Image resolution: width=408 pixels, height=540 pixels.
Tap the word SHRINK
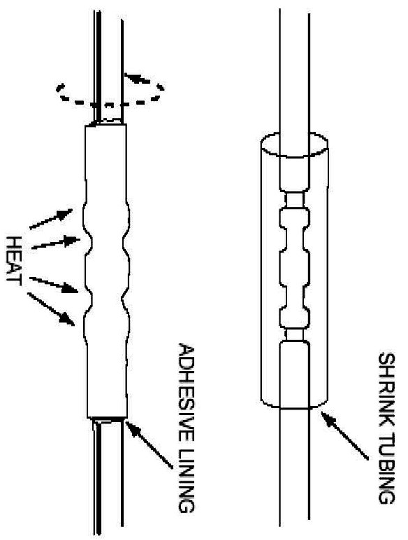pyautogui.click(x=387, y=389)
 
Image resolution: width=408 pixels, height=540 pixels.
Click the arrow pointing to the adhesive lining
pyautogui.click(x=149, y=444)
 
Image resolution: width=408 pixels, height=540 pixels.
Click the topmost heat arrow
pyautogui.click(x=51, y=218)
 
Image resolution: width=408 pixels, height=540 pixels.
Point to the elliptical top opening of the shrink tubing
pyautogui.click(x=294, y=144)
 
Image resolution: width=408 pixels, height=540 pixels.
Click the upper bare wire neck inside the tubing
pyautogui.click(x=295, y=200)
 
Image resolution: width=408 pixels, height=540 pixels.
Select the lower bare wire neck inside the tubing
pyautogui.click(x=295, y=334)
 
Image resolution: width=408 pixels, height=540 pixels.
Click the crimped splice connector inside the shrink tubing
pyautogui.click(x=295, y=267)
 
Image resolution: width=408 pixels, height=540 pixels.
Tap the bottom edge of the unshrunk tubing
pyautogui.click(x=294, y=405)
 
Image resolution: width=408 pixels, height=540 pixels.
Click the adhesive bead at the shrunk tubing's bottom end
pyautogui.click(x=108, y=419)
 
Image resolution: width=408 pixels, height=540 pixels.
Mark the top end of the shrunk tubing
pyautogui.click(x=106, y=125)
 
